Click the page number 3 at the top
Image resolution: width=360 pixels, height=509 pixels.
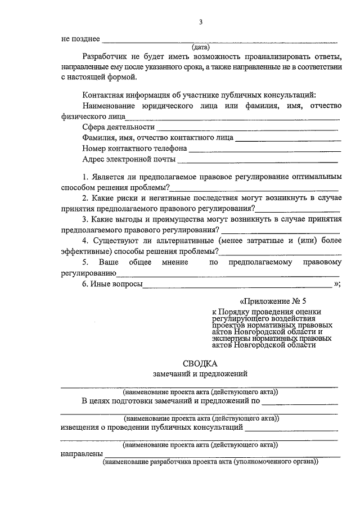[200, 22]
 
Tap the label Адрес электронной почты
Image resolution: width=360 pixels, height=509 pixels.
[129, 160]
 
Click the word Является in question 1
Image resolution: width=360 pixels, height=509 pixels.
[110, 177]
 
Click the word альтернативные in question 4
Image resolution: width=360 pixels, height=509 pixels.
[179, 241]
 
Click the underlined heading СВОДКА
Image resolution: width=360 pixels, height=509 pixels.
[200, 363]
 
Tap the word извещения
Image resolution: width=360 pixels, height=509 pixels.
[82, 427]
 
